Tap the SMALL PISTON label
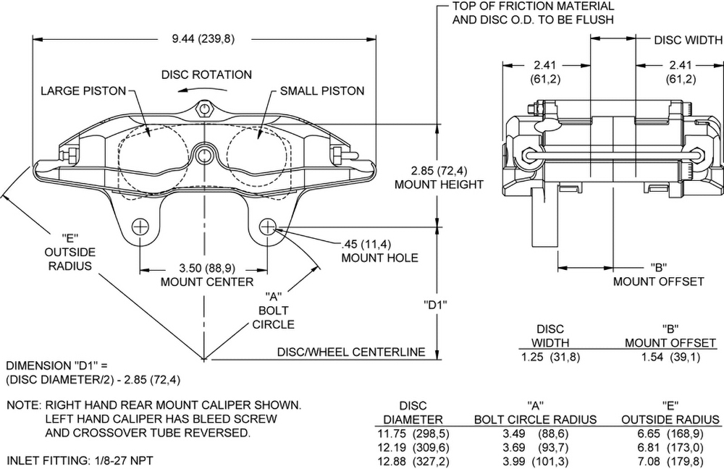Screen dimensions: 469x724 (322, 91)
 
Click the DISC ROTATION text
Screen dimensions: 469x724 (206, 75)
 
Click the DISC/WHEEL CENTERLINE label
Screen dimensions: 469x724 (350, 352)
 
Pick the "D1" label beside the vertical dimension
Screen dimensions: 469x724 (434, 305)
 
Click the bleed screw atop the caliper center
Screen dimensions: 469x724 (204, 109)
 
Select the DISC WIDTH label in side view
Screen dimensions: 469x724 (688, 41)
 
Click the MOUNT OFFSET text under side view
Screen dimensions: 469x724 (658, 282)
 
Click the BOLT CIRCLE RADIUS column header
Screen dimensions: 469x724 (535, 420)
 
